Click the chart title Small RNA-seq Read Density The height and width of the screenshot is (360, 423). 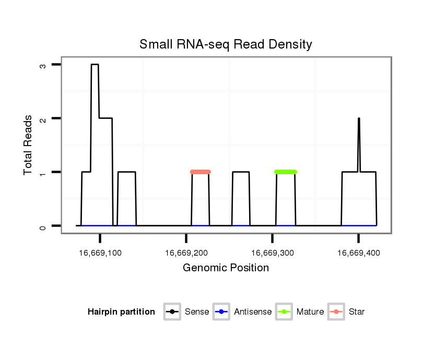[226, 44]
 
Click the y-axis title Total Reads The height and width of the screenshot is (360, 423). [29, 145]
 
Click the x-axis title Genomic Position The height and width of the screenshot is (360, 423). [226, 268]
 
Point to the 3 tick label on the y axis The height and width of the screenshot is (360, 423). [43, 66]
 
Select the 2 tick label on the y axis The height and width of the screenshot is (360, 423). [43, 119]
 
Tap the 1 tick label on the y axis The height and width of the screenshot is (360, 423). [43, 172]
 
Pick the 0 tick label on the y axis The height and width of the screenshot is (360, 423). [43, 226]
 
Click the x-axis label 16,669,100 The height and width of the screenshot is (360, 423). [100, 253]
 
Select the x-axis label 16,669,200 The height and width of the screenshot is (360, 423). [186, 253]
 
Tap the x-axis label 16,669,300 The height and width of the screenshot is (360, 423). [273, 253]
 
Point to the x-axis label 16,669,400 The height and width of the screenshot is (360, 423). [358, 253]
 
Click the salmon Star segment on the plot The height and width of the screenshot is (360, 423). [201, 172]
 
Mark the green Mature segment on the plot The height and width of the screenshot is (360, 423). [285, 172]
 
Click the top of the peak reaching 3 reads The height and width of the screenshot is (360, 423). [95, 65]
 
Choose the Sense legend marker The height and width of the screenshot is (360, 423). [171, 312]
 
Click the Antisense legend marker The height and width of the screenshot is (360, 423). [221, 312]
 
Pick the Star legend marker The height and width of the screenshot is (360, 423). [336, 312]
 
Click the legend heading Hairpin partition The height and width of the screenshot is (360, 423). [121, 312]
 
